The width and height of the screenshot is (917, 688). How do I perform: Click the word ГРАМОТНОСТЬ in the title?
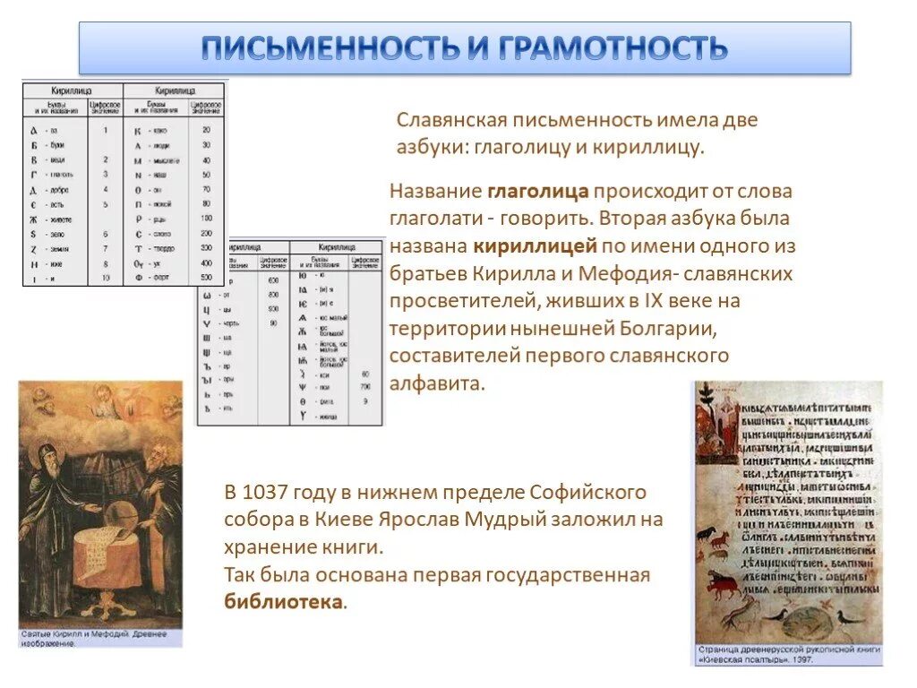[x=613, y=47]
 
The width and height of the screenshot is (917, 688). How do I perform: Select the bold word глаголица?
[x=538, y=191]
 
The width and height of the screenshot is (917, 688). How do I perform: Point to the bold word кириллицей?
[x=536, y=245]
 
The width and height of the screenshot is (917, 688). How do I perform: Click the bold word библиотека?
[x=283, y=601]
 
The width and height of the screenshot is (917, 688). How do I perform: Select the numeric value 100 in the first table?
[x=206, y=218]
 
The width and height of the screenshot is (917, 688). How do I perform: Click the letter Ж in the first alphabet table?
[x=34, y=218]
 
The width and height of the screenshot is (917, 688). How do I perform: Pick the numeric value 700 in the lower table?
[x=365, y=386]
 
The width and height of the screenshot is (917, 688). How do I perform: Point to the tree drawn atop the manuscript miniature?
[x=705, y=394]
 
